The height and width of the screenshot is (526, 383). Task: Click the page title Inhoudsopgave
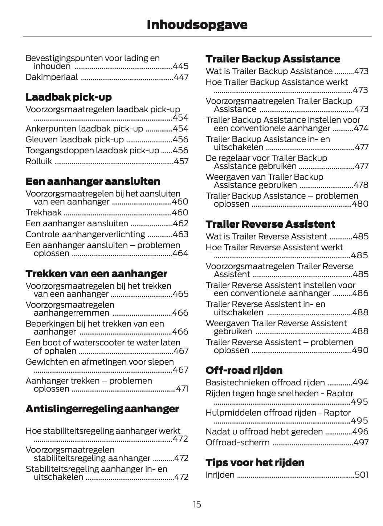pyautogui.click(x=197, y=24)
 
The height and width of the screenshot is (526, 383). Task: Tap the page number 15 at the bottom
pyautogui.click(x=197, y=504)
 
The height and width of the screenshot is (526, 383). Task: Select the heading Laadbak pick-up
pyautogui.click(x=69, y=97)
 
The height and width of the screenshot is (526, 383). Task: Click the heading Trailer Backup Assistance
pyautogui.click(x=273, y=59)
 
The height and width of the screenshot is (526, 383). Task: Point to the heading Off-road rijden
pyautogui.click(x=244, y=370)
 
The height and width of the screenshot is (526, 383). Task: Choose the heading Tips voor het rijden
pyautogui.click(x=255, y=462)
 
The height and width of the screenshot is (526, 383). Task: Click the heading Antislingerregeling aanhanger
pyautogui.click(x=102, y=409)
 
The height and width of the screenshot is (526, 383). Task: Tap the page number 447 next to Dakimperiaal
pyautogui.click(x=181, y=77)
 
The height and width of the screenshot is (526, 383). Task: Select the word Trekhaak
pyautogui.click(x=44, y=213)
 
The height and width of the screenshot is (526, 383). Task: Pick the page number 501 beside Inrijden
pyautogui.click(x=362, y=475)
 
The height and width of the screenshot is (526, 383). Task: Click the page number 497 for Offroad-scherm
pyautogui.click(x=361, y=442)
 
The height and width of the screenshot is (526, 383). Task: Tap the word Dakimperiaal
pyautogui.click(x=52, y=77)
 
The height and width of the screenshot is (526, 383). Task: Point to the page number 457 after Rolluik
pyautogui.click(x=181, y=161)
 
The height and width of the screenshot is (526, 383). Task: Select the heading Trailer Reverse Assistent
pyautogui.click(x=270, y=224)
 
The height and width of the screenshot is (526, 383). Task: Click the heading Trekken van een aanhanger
pyautogui.click(x=96, y=274)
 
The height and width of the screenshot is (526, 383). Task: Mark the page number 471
pyautogui.click(x=182, y=389)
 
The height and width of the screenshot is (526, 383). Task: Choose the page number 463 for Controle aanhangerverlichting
pyautogui.click(x=181, y=234)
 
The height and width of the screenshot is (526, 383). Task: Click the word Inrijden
pyautogui.click(x=220, y=475)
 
